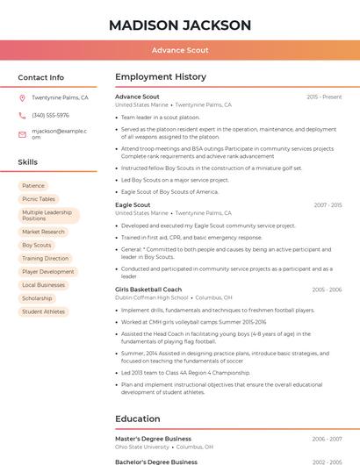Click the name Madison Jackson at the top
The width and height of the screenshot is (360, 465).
pos(180,25)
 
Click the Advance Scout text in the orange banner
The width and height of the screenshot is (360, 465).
pos(180,51)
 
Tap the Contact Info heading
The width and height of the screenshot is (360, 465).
pos(41,77)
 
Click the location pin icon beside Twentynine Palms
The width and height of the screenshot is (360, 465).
pos(22,98)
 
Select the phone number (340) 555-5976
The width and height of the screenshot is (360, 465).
pos(50,115)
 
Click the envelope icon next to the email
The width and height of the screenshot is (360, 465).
pos(22,134)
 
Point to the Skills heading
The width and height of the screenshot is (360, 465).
pos(28,162)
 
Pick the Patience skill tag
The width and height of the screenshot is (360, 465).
pos(33,186)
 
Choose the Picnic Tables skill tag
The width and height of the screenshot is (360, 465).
pos(39,199)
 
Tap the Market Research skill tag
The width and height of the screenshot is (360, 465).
pos(43,232)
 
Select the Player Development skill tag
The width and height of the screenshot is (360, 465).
pos(48,272)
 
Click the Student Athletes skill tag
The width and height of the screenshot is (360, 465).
pos(43,311)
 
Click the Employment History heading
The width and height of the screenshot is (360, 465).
pos(161,77)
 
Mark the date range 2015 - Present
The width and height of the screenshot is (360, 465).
pos(324,97)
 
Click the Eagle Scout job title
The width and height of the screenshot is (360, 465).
pos(133,204)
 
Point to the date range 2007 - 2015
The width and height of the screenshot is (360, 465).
pos(328,205)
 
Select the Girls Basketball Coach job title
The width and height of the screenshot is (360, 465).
pos(148,290)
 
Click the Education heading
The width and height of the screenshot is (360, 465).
pos(138,418)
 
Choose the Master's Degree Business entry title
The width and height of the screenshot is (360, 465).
pos(153,439)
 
